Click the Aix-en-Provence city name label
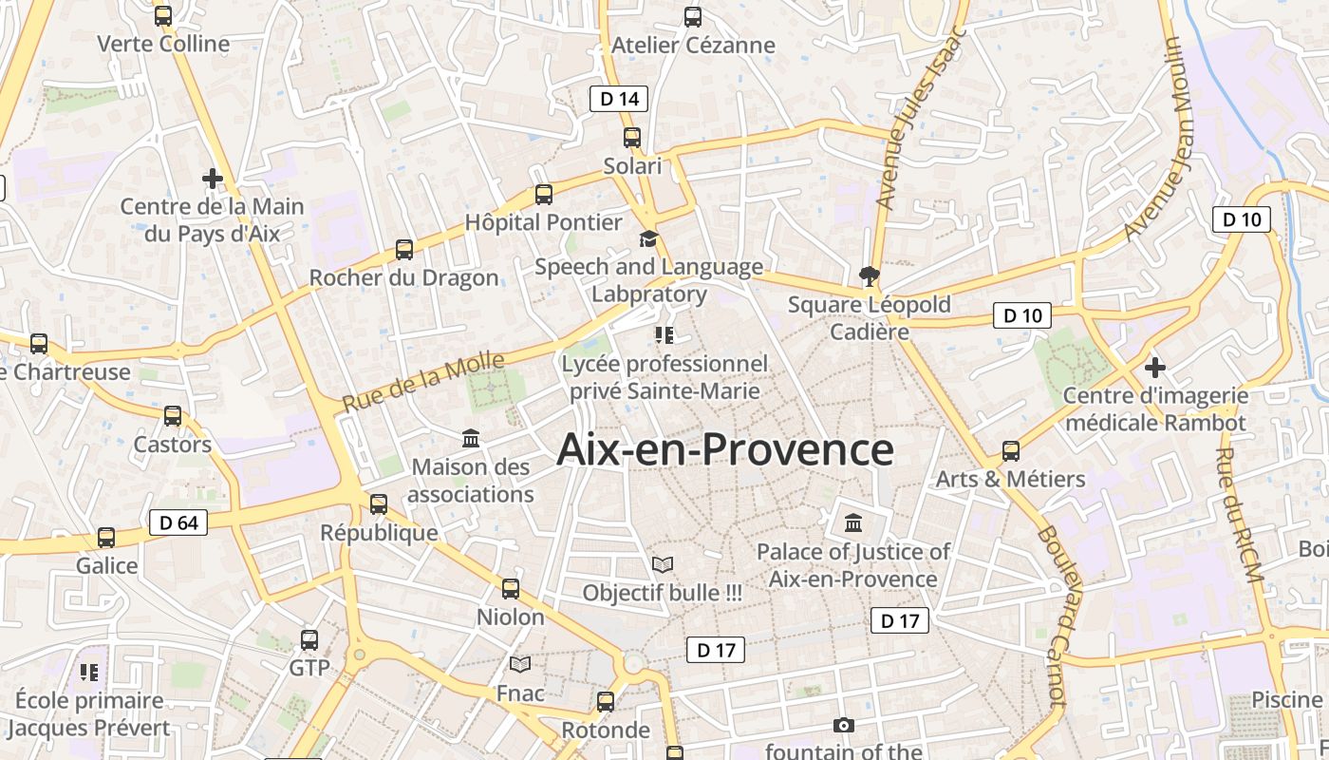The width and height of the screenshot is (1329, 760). click(x=724, y=449)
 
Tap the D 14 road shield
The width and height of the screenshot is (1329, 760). click(x=619, y=99)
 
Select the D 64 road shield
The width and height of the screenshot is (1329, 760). click(x=178, y=522)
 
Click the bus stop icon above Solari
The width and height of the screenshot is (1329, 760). click(x=632, y=138)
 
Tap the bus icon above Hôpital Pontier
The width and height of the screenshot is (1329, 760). click(x=544, y=195)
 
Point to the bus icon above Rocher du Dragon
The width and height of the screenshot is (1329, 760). click(x=404, y=250)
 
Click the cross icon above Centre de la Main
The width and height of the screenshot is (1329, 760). click(x=213, y=178)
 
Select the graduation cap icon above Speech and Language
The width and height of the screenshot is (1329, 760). click(x=648, y=239)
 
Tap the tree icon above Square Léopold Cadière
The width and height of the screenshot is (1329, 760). click(x=869, y=276)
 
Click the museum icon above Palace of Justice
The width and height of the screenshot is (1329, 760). click(x=853, y=522)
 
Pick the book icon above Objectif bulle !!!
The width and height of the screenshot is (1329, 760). click(x=663, y=564)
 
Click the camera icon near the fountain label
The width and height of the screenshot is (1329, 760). click(x=843, y=726)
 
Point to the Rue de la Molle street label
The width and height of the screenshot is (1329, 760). click(x=423, y=383)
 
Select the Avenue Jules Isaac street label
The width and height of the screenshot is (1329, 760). click(x=919, y=119)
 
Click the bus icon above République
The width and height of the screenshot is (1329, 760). click(x=379, y=503)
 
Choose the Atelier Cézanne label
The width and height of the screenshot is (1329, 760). click(x=693, y=45)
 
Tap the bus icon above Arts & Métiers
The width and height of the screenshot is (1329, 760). click(x=1011, y=450)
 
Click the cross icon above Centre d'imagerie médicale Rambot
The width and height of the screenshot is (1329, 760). click(x=1155, y=367)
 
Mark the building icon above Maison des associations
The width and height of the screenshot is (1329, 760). click(x=471, y=439)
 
